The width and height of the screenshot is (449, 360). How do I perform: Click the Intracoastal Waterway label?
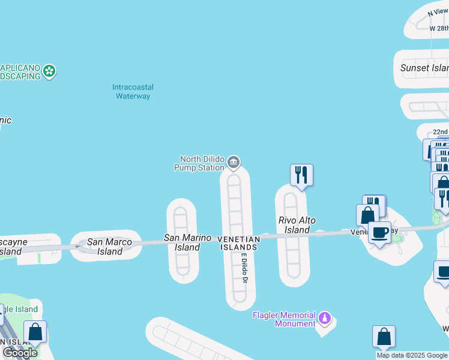[x=132, y=92]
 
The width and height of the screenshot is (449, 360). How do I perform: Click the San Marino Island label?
[x=187, y=242]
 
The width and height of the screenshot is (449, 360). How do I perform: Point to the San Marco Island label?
[x=109, y=247]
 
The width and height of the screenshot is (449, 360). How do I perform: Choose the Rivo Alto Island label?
[x=297, y=225]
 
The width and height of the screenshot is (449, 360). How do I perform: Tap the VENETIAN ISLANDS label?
[x=240, y=243]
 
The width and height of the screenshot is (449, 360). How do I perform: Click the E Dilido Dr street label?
[x=245, y=268]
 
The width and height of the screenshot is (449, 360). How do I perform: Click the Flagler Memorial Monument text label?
[x=284, y=319]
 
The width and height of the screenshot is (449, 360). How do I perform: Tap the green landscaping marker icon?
[x=50, y=71]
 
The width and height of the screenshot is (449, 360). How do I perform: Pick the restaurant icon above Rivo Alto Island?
[x=301, y=175]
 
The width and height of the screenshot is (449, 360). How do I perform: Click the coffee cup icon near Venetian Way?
[x=379, y=233]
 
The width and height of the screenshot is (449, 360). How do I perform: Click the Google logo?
[x=20, y=353]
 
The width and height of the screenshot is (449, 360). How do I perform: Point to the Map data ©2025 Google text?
[x=412, y=355]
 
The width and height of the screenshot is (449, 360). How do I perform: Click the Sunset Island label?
[x=424, y=68]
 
